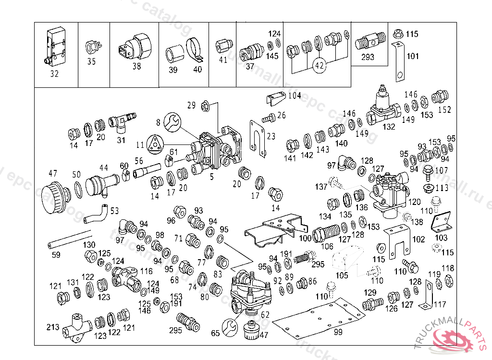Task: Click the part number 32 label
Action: point(54,74)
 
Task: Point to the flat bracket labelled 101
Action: point(398,61)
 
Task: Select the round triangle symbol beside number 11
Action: point(155,144)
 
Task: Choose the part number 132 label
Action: point(389,127)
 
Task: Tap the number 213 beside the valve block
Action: point(53,327)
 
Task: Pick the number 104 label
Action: point(295,96)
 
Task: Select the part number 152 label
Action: point(444,109)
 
